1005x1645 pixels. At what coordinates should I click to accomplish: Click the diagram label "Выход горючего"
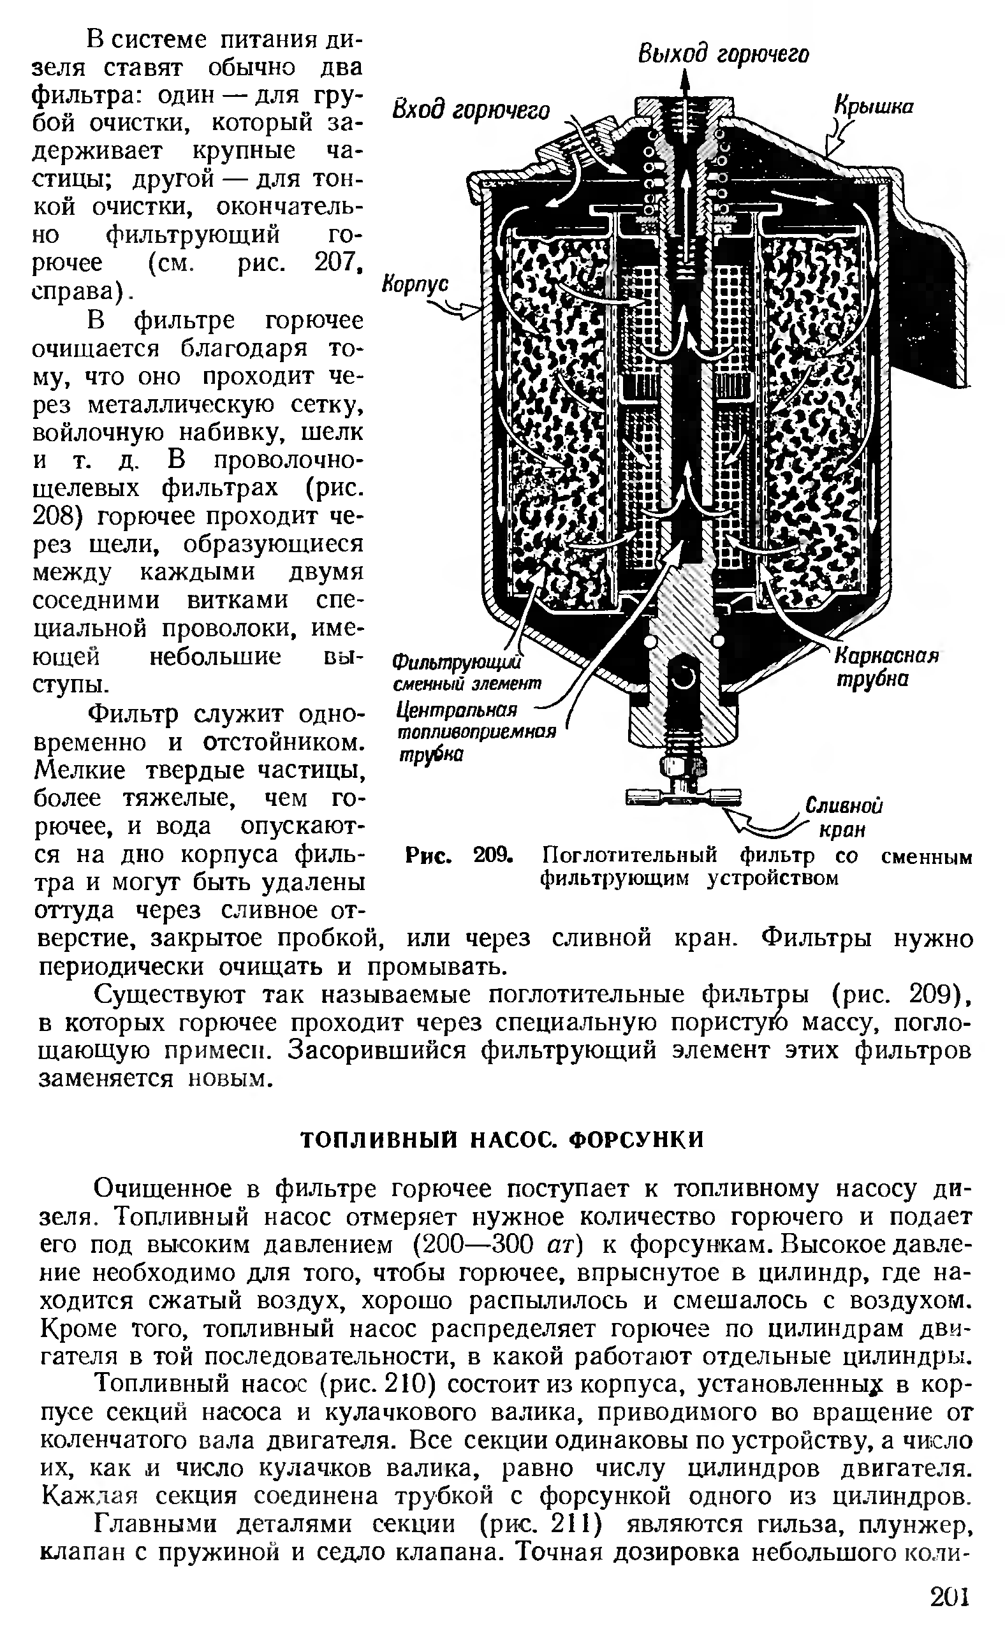click(723, 54)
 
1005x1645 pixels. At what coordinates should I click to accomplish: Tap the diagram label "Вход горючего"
click(470, 110)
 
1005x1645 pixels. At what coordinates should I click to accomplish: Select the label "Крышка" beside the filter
click(874, 107)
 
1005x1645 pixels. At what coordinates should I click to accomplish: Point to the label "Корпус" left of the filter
click(414, 284)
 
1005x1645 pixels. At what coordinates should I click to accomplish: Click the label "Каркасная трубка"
click(886, 668)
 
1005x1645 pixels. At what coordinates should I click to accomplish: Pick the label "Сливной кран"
click(843, 817)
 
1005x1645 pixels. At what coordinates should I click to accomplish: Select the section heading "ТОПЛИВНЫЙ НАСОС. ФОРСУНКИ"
click(502, 1139)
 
